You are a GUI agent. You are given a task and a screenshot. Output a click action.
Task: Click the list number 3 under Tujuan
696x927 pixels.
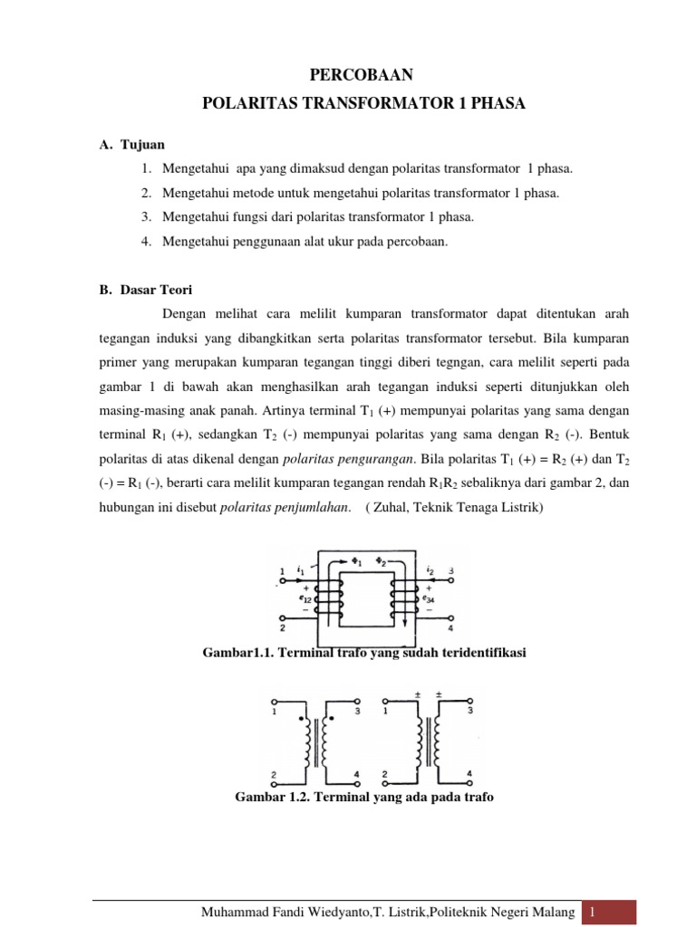[145, 217]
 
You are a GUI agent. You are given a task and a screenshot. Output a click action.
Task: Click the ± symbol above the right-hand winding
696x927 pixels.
[439, 695]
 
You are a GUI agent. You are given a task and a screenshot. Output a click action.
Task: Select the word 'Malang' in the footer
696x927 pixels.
[554, 913]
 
